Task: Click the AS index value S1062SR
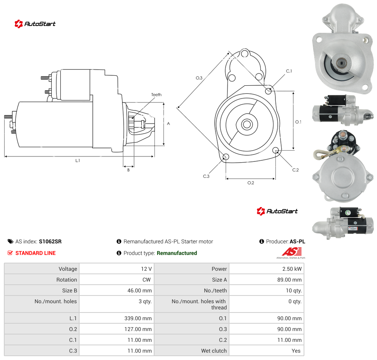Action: point(50,241)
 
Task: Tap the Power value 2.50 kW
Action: point(292,269)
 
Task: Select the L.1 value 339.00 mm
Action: point(138,318)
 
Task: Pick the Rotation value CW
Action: point(147,280)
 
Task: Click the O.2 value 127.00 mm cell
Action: point(117,329)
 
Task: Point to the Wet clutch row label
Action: point(214,351)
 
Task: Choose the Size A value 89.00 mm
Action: point(289,280)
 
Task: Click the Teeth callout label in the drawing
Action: point(156,95)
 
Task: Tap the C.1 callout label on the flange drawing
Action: point(289,71)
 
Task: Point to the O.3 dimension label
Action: point(199,78)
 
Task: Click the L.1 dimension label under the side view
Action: point(77,161)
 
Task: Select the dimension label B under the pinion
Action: point(128,170)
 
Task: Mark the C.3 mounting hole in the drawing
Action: point(226,157)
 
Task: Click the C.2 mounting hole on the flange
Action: point(276,151)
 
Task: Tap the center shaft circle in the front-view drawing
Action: point(247,124)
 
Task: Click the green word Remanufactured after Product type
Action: point(177,253)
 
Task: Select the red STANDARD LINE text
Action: point(36,253)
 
